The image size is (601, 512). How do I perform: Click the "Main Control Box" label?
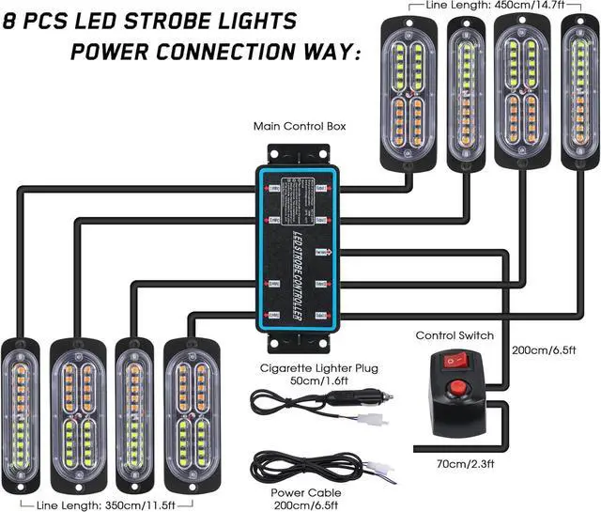(292, 126)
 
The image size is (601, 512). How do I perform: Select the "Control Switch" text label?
(454, 334)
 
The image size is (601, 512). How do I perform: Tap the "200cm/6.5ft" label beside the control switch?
(544, 350)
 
